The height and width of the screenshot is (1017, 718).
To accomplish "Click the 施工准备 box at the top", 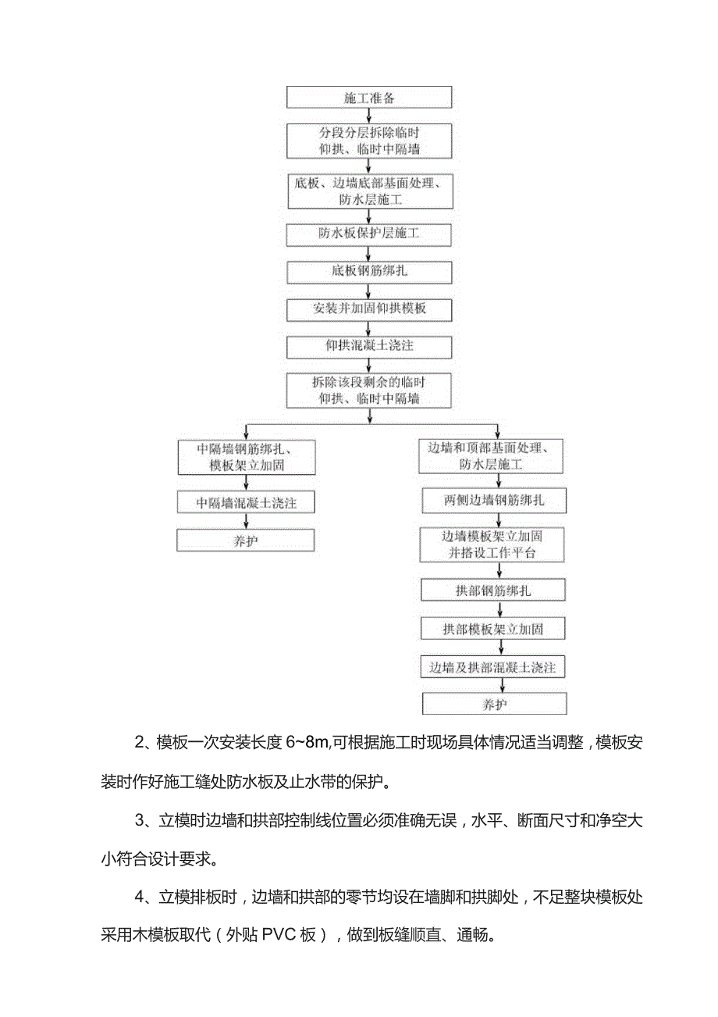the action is (369, 98).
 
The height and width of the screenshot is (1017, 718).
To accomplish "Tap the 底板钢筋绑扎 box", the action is (369, 271).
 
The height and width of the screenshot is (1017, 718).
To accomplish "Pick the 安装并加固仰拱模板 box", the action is (369, 309).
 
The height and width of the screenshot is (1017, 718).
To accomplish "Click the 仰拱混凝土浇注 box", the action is (369, 345).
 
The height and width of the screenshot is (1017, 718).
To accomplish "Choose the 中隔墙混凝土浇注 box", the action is (246, 503).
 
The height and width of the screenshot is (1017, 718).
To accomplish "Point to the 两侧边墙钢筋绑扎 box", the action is (493, 501).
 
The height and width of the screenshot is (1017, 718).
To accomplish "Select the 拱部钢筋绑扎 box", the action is (493, 590).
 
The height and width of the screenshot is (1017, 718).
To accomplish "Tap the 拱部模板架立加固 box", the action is (493, 629).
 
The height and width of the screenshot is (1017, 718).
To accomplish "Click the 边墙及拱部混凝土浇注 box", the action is (493, 668).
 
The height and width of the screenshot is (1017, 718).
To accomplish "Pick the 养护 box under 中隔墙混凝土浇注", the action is (246, 541).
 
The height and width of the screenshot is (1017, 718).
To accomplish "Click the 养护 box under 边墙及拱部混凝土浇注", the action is (493, 704).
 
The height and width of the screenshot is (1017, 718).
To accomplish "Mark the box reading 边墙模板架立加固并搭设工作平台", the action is (493, 544).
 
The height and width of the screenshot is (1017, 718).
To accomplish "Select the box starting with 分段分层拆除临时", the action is (369, 141).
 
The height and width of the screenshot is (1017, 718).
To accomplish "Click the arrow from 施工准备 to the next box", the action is (369, 116).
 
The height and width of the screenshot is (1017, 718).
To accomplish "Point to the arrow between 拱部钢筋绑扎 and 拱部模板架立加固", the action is (493, 609).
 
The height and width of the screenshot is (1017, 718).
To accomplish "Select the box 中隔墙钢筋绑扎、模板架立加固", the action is (246, 457).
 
